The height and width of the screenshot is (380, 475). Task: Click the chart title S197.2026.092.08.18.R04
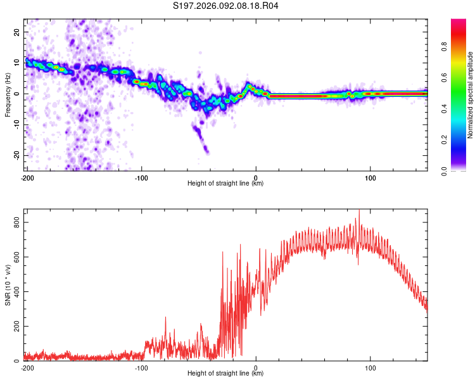click(x=226, y=6)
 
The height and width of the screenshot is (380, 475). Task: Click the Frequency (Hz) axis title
click(x=8, y=94)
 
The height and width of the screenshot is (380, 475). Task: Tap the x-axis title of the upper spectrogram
click(x=225, y=183)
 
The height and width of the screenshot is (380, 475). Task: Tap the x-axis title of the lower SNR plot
click(x=225, y=373)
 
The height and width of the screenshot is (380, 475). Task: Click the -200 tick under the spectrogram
click(x=27, y=177)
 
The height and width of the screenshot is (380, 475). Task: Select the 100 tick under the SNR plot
click(x=370, y=367)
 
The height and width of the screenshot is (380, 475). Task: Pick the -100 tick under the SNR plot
click(x=141, y=367)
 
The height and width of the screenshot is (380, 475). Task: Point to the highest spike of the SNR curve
click(x=358, y=211)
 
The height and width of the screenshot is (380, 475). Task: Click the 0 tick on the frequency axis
click(x=20, y=94)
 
